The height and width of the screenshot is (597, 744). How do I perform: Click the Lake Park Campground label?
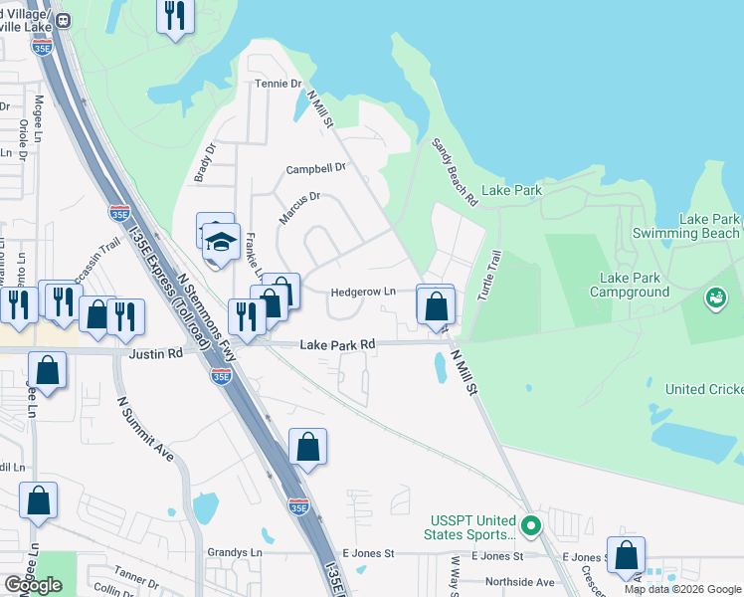pos(640,286)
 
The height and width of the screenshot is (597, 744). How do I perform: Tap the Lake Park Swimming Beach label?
pos(709,226)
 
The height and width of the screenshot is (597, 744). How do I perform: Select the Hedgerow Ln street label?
pos(363,292)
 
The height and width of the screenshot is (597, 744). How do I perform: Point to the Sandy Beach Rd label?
pos(455,172)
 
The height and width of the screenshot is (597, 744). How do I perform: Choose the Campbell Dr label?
pos(315,169)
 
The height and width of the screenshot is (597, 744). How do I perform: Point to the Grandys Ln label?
pos(234,552)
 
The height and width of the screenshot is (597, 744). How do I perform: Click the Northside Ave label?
pos(518,581)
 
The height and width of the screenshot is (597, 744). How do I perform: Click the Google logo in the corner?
pos(33,585)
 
